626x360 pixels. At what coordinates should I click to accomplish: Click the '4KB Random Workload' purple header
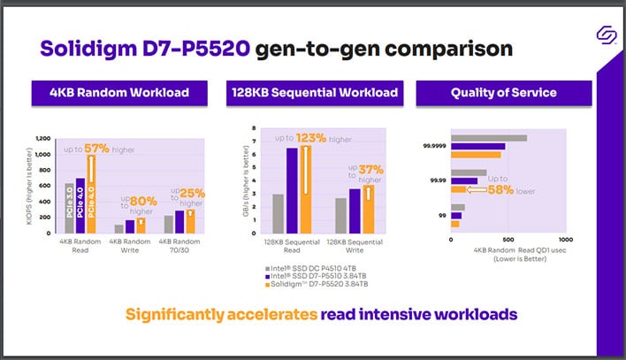[x=119, y=91]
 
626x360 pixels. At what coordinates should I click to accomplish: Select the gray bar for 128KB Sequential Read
[x=278, y=211]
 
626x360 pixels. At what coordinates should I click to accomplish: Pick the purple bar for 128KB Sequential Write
[x=355, y=209]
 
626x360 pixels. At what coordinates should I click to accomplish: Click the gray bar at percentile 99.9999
[x=489, y=138]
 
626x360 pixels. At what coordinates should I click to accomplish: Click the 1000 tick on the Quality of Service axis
[x=566, y=238]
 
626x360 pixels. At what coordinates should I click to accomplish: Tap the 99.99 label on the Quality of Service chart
[x=436, y=180]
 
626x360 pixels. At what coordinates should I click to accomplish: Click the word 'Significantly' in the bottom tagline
[x=176, y=314]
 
